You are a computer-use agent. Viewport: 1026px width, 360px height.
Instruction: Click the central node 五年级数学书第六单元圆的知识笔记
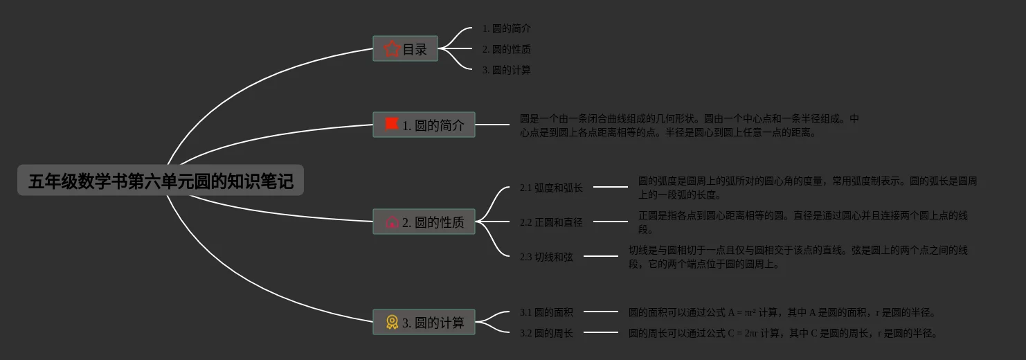pyautogui.click(x=161, y=180)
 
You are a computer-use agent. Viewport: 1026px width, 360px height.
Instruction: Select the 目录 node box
pyautogui.click(x=405, y=48)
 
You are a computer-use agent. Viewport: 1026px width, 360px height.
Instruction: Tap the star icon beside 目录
pyautogui.click(x=392, y=48)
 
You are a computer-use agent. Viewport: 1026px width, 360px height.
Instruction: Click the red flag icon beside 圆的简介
pyautogui.click(x=392, y=124)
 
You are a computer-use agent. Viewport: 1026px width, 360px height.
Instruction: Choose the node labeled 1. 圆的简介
pyautogui.click(x=424, y=125)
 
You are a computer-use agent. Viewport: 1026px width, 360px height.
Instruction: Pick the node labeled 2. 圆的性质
pyautogui.click(x=424, y=222)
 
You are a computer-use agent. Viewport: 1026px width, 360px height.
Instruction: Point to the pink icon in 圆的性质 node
pyautogui.click(x=392, y=222)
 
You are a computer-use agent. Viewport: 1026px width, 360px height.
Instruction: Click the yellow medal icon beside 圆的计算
pyautogui.click(x=392, y=322)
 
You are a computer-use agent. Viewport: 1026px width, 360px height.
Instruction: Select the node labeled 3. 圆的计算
pyautogui.click(x=424, y=322)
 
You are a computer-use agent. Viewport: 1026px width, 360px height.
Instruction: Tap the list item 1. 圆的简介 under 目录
pyautogui.click(x=506, y=28)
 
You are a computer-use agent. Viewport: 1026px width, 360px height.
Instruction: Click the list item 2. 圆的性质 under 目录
pyautogui.click(x=506, y=49)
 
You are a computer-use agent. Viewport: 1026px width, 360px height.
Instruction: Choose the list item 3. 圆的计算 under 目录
pyautogui.click(x=506, y=70)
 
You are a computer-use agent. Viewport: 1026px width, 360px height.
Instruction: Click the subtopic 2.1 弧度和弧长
pyautogui.click(x=551, y=188)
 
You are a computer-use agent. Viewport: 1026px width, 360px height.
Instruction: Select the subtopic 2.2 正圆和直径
pyautogui.click(x=551, y=222)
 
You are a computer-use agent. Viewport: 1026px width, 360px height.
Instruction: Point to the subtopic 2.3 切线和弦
pyautogui.click(x=546, y=257)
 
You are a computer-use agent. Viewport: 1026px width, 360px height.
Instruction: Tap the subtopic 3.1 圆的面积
pyautogui.click(x=546, y=312)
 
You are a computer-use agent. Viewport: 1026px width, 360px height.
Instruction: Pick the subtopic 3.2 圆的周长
pyautogui.click(x=546, y=333)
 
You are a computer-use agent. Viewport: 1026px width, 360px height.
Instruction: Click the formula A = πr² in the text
pyautogui.click(x=742, y=312)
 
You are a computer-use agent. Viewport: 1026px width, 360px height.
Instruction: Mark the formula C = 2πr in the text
pyautogui.click(x=743, y=333)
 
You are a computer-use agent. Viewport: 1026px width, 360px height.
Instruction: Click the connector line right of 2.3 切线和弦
pyautogui.click(x=600, y=256)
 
